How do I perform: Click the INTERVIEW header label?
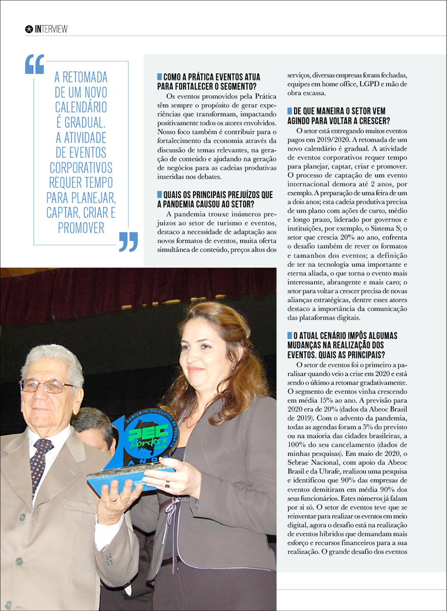pos(51,29)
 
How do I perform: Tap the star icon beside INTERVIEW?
pos(29,29)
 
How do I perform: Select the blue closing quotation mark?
pos(128,241)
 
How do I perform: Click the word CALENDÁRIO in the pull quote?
pos(81,107)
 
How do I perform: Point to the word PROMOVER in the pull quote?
pos(81,228)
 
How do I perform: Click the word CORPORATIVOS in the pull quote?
pos(81,168)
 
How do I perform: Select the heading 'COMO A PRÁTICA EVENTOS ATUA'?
pos(212,77)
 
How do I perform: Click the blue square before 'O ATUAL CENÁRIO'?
pos(290,336)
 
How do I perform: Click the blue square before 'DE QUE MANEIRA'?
pos(290,110)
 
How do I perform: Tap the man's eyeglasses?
pos(47,386)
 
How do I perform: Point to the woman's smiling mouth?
pos(196,369)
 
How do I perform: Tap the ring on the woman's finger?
pos(167,485)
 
